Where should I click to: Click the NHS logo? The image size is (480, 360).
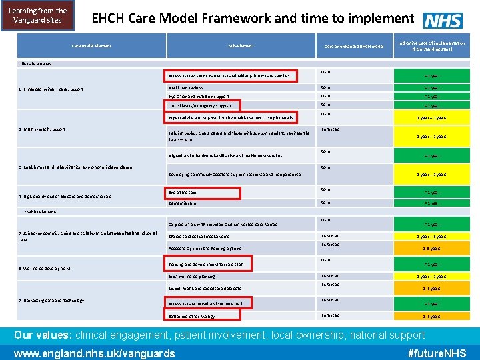click(x=443, y=21)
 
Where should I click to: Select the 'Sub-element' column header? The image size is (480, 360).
click(x=240, y=46)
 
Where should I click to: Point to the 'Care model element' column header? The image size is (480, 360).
click(x=91, y=46)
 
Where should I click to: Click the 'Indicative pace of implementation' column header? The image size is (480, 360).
click(x=431, y=46)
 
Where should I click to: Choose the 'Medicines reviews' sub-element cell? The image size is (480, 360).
click(x=186, y=88)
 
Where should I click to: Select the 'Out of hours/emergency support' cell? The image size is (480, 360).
click(x=199, y=105)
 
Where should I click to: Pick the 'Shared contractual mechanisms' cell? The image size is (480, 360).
click(x=198, y=236)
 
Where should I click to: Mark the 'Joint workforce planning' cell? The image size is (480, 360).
click(x=191, y=276)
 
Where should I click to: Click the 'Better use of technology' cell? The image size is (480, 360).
click(x=191, y=316)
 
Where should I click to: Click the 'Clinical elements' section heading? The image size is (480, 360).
click(x=33, y=64)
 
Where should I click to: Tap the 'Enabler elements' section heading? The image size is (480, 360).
click(x=40, y=211)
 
